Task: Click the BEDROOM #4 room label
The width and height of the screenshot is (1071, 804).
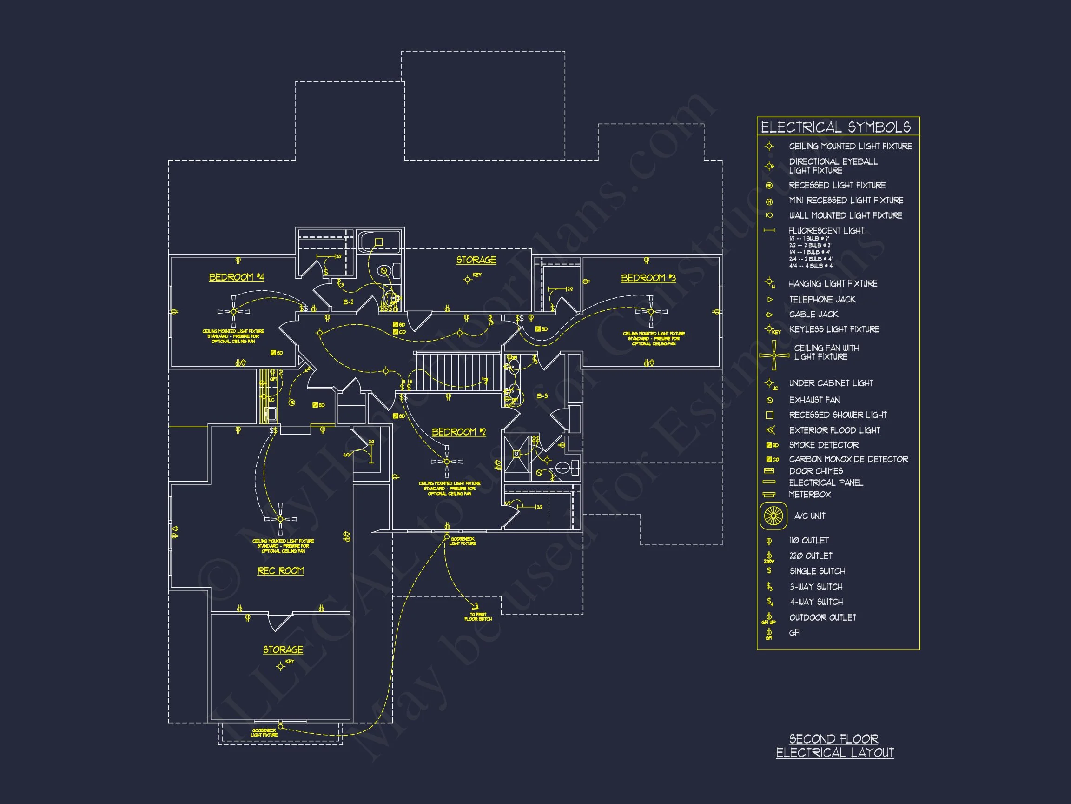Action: (x=236, y=277)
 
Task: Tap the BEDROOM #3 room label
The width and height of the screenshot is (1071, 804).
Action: (x=648, y=278)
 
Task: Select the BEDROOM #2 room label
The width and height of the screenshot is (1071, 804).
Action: (x=458, y=432)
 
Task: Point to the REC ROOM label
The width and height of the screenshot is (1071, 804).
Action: (x=280, y=571)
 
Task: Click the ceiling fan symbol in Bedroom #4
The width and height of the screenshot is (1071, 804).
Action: (x=233, y=312)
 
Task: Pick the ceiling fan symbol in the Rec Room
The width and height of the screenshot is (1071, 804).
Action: (x=280, y=519)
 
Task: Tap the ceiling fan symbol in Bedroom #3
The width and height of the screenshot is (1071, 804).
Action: (x=651, y=312)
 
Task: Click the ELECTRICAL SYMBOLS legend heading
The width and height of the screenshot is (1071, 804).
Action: (x=835, y=127)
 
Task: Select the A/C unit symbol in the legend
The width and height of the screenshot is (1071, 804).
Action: (x=773, y=515)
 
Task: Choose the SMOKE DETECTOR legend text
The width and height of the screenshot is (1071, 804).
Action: (x=824, y=445)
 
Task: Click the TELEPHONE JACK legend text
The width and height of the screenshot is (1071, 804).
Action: (x=822, y=300)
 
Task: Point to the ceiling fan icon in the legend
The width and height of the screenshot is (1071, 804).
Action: (x=773, y=355)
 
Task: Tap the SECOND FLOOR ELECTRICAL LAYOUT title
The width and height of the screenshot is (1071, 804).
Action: (x=835, y=746)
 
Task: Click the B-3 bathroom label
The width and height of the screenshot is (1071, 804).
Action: (x=542, y=396)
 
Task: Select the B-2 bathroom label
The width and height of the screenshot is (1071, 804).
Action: (x=348, y=302)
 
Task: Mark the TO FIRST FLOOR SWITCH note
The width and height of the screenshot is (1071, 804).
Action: (x=478, y=616)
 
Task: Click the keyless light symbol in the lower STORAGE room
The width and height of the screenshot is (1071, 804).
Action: (x=280, y=667)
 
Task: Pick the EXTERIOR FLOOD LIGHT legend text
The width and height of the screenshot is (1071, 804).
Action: (x=834, y=430)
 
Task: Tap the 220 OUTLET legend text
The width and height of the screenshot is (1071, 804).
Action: (x=811, y=556)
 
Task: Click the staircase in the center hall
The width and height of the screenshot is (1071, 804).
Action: (x=457, y=371)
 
